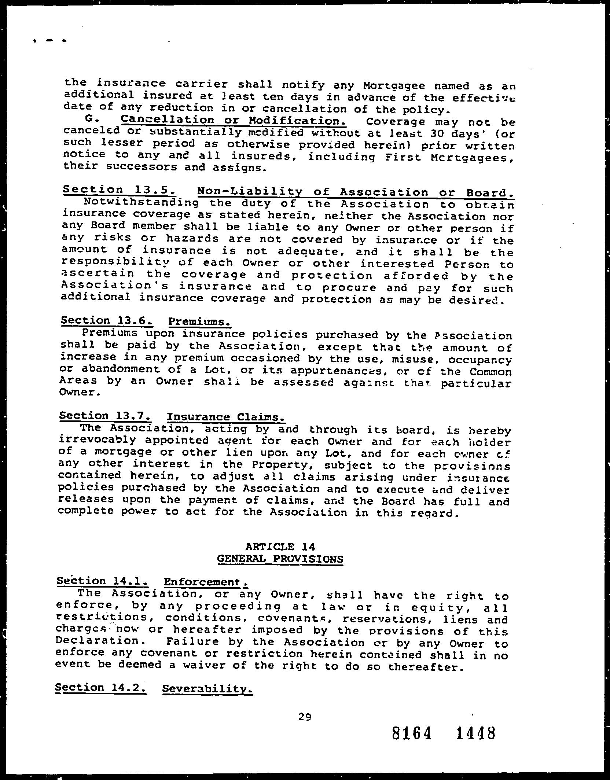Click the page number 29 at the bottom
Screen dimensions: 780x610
pyautogui.click(x=305, y=716)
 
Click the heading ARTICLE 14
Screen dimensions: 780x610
pyautogui.click(x=280, y=547)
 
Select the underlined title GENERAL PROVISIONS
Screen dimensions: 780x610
pyautogui.click(x=280, y=559)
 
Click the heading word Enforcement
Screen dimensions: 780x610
pyautogui.click(x=206, y=582)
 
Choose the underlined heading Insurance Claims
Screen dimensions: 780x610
pyautogui.click(x=226, y=417)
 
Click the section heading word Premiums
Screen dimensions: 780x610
pyautogui.click(x=199, y=321)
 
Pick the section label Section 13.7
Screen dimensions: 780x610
pyautogui.click(x=105, y=416)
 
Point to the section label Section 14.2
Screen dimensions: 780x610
pyautogui.click(x=101, y=688)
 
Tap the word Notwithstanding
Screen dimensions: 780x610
pyautogui.click(x=141, y=202)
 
